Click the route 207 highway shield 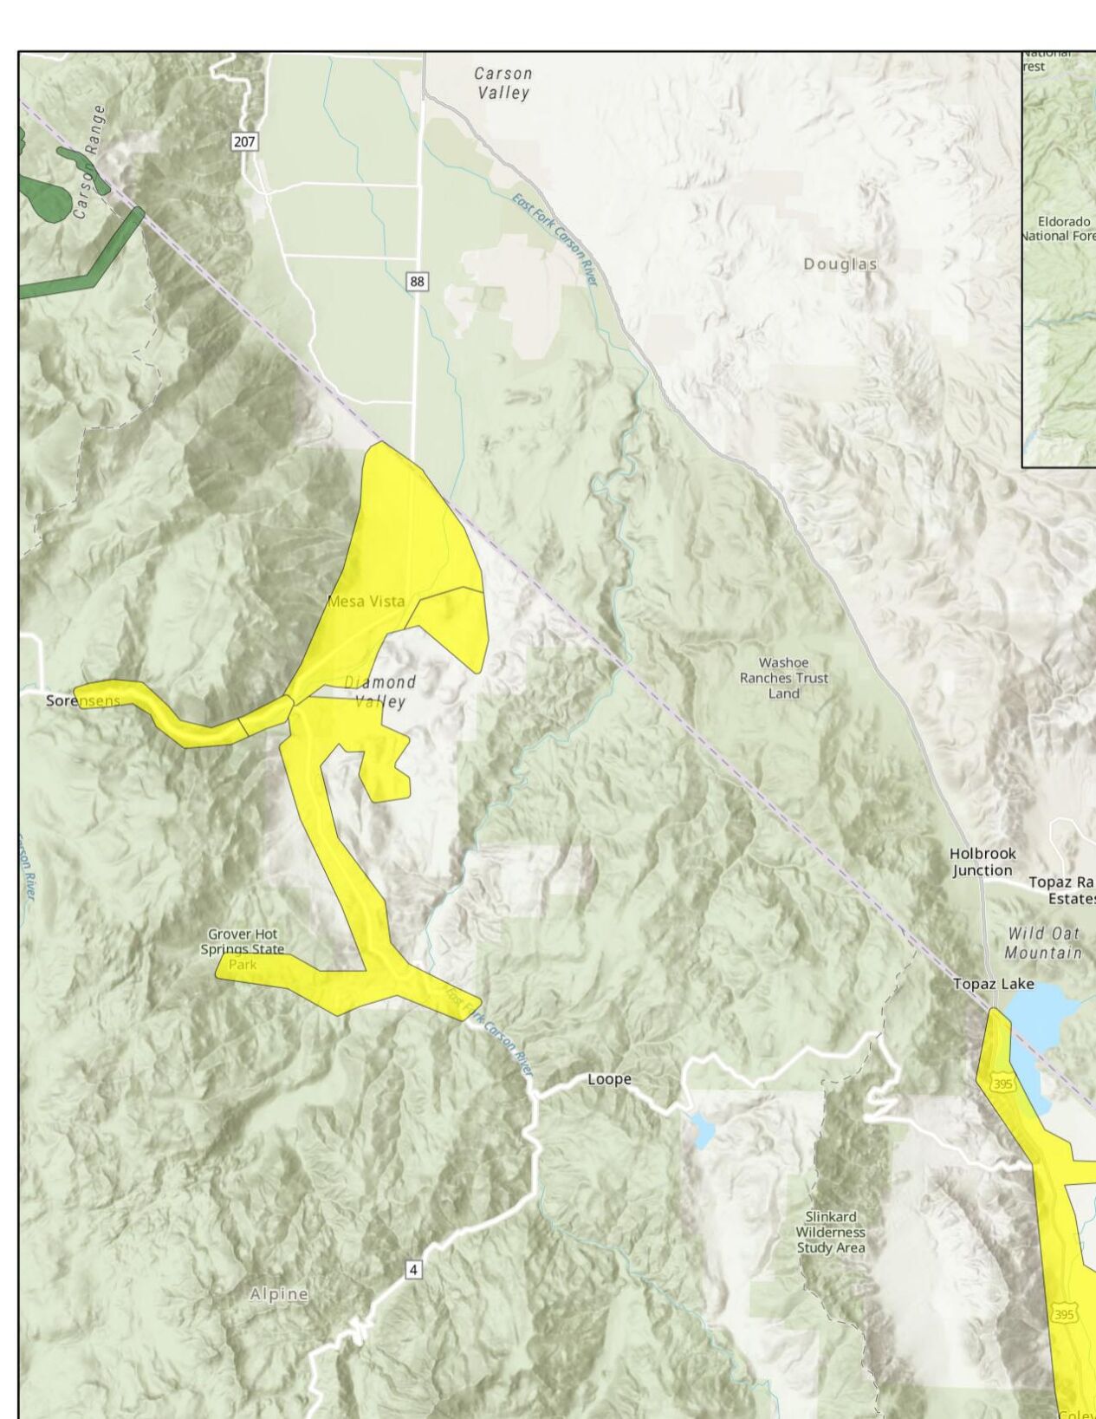point(244,140)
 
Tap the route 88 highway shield point(418,281)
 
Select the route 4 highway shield point(414,1270)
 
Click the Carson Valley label point(503,83)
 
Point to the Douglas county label point(840,264)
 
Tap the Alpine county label point(279,1294)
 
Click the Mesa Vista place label point(366,601)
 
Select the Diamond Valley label point(381,692)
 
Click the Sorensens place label point(83,700)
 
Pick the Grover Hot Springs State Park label point(242,948)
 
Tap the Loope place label point(609,1079)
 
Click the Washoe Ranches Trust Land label point(783,678)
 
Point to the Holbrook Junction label point(982,862)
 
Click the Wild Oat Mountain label point(1043,943)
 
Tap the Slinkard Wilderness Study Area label point(830,1232)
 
